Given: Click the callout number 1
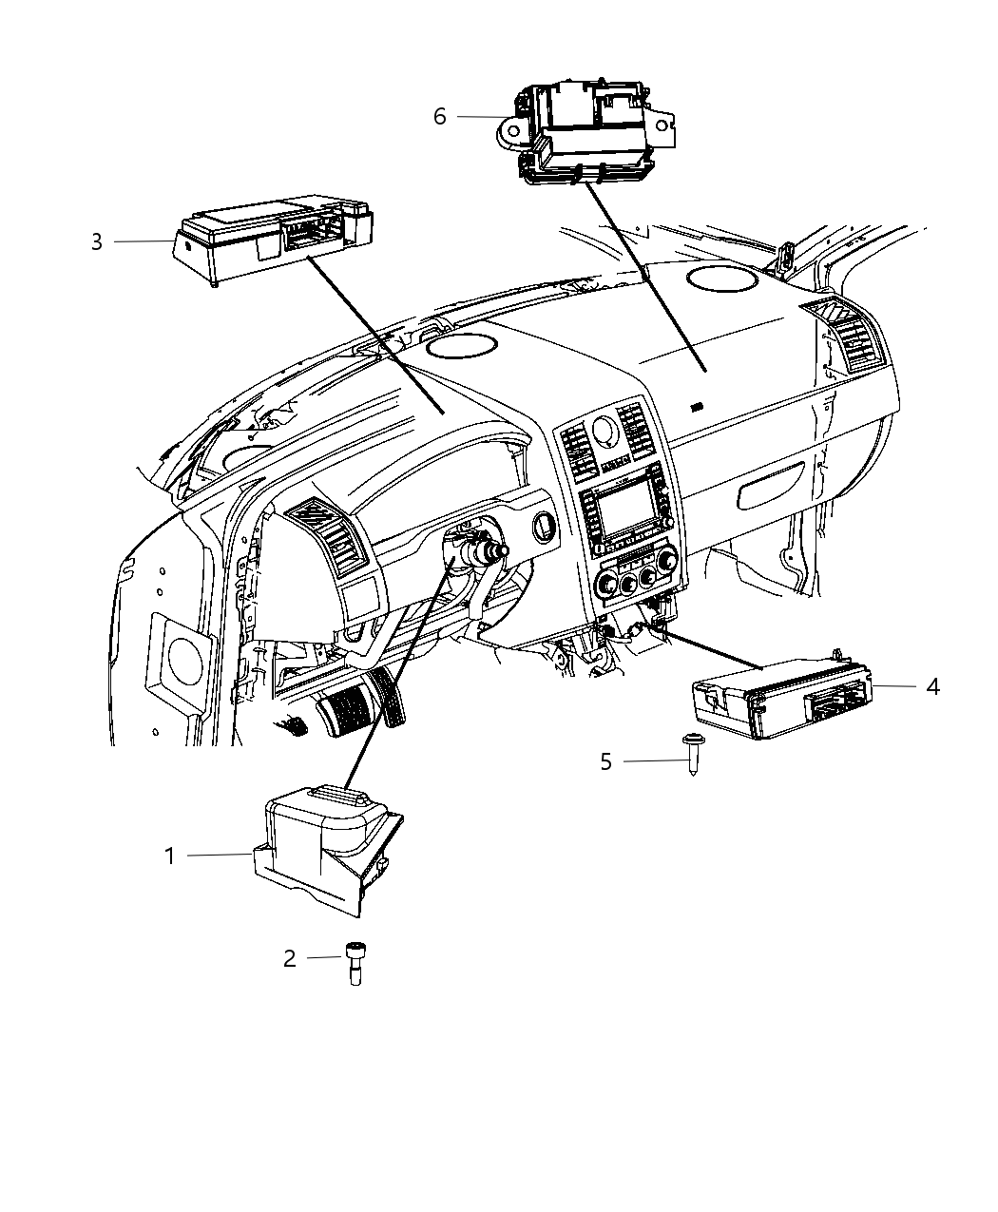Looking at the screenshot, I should tap(170, 856).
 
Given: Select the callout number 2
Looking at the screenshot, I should tap(290, 959).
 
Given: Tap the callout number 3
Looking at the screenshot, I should tap(97, 241).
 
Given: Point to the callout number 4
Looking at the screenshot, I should tap(932, 686).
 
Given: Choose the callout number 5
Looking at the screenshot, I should tap(605, 761).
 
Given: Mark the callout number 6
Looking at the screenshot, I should tap(439, 116).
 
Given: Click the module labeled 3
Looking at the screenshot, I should tap(271, 233).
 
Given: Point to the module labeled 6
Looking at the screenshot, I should tap(589, 133).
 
